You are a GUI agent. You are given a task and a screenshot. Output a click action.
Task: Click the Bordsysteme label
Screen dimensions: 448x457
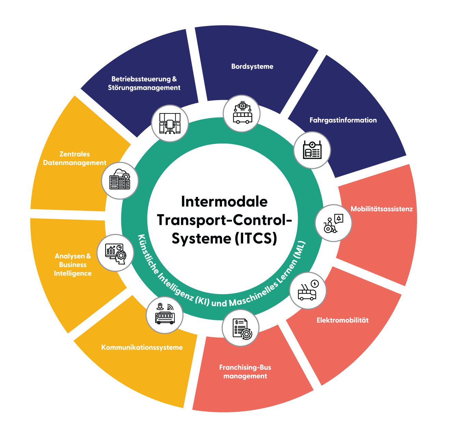coord(252,66)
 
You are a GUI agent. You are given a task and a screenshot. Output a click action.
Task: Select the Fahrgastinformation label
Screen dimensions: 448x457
coord(343,120)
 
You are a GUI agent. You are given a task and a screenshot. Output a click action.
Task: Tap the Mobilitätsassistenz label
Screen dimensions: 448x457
coord(382,209)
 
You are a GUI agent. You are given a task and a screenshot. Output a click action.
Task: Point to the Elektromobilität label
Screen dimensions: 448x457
coord(343,320)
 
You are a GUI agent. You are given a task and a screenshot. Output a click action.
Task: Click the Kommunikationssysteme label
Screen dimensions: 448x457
coord(142,347)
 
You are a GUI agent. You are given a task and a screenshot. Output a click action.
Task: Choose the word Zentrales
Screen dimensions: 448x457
coord(74,154)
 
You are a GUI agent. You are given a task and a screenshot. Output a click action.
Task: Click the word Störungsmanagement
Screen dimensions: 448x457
coord(144,88)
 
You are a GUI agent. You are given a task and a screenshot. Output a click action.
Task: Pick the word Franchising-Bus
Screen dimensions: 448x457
coord(245,367)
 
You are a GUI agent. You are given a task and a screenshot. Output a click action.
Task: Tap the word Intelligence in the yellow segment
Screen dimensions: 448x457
coord(73,273)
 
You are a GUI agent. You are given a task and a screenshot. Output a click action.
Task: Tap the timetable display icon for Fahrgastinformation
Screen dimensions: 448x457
coord(312,150)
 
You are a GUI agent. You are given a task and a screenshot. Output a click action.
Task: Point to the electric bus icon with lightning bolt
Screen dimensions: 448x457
coord(308,290)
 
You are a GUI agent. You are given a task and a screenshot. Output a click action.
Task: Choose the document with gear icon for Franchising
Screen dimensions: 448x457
coord(240,328)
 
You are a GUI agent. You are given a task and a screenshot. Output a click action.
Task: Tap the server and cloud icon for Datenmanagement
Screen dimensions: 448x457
coord(120,180)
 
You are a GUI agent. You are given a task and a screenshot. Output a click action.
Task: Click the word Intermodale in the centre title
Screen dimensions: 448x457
coord(224,202)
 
